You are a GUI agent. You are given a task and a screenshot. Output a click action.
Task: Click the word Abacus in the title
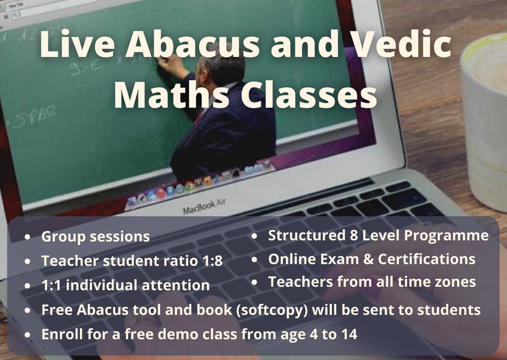pos(193,44)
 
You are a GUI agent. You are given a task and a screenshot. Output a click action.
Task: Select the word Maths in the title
pos(171,94)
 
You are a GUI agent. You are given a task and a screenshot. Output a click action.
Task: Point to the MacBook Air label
pos(204,206)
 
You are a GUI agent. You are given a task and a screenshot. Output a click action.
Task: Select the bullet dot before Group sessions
pos(27,237)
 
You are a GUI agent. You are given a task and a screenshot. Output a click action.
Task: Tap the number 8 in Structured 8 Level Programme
pos(354,235)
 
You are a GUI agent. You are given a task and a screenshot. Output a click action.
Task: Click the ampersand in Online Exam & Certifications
pos(368,259)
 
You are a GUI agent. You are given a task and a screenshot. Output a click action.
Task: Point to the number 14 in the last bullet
pos(349,334)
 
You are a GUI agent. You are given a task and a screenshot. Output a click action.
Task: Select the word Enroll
pos(62,334)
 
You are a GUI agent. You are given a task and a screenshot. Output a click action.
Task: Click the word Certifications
pos(427,259)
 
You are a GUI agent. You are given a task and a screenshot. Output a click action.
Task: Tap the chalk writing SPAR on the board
pos(36,117)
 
